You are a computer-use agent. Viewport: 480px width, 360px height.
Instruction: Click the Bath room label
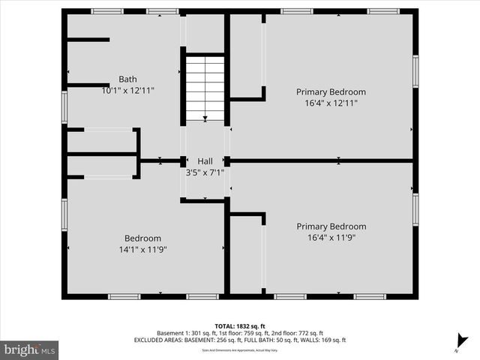point(127,79)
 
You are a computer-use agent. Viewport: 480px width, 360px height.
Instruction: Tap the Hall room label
point(205,161)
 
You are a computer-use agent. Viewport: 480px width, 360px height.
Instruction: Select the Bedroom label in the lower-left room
point(142,238)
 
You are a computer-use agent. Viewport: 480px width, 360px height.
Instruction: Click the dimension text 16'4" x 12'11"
point(331,103)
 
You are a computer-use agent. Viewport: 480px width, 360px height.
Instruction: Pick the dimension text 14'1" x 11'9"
point(142,249)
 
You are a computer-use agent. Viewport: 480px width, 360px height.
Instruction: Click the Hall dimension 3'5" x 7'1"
point(205,172)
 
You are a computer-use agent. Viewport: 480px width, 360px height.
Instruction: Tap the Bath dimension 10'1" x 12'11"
point(127,90)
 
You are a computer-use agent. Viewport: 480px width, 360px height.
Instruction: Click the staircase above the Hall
point(205,87)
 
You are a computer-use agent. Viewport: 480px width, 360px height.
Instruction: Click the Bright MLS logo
point(30,349)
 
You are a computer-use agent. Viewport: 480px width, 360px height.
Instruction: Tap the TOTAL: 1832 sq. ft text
point(240,325)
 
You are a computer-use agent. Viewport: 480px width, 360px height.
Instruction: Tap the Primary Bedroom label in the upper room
point(331,92)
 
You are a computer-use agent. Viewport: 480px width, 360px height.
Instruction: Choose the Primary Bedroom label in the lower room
point(331,226)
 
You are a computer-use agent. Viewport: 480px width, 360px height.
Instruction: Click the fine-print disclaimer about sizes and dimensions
point(240,349)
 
